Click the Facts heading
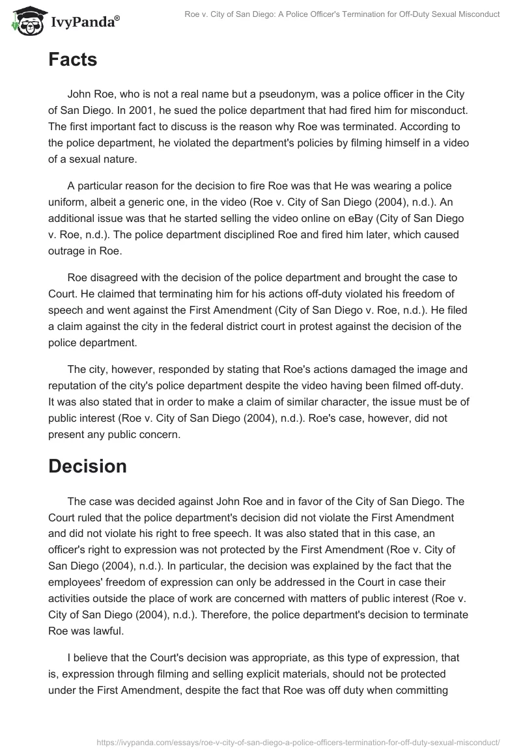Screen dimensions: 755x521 click(72, 60)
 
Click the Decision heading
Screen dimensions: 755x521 click(87, 466)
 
